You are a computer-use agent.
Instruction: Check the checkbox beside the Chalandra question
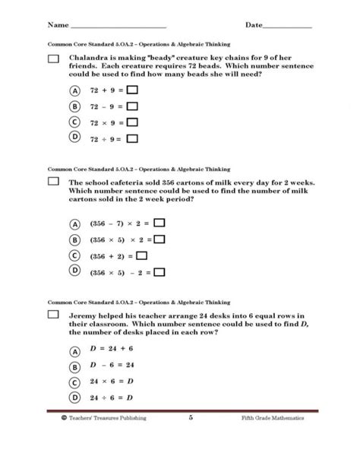[x=53, y=59]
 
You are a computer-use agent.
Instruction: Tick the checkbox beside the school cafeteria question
[x=53, y=182]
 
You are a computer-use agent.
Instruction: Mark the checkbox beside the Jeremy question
[x=53, y=314]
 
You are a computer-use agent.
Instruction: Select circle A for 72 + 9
[x=74, y=90]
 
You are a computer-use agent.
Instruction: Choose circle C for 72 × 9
[x=74, y=122]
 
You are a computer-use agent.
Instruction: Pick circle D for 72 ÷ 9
[x=74, y=138]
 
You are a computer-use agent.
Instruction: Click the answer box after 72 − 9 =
[x=132, y=106]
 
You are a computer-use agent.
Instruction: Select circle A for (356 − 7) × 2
[x=74, y=224]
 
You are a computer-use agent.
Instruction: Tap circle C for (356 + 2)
[x=74, y=256]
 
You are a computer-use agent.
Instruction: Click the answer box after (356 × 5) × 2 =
[x=159, y=240]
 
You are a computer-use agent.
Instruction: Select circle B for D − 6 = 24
[x=74, y=366]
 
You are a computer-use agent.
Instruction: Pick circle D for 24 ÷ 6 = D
[x=74, y=397]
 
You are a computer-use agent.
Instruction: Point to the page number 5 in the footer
[x=191, y=418]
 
